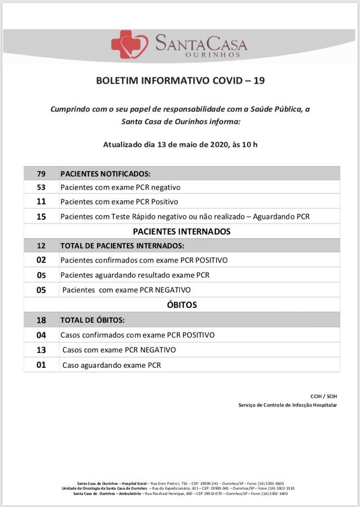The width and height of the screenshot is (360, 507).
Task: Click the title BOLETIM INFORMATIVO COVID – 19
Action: [180, 81]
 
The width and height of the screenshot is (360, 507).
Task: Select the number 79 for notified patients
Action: [41, 174]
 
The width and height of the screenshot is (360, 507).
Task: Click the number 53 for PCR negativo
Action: [41, 188]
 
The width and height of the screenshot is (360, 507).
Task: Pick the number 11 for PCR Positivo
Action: [41, 202]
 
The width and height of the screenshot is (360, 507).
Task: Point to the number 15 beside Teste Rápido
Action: [41, 216]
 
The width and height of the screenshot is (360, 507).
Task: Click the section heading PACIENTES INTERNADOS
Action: [182, 231]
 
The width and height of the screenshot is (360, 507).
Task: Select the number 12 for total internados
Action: [41, 246]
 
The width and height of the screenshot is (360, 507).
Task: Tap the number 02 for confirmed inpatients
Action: [41, 260]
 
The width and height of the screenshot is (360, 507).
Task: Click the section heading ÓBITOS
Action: [182, 305]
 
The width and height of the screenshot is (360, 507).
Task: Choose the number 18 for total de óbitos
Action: [41, 320]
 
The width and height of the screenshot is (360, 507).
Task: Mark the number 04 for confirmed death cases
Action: [41, 335]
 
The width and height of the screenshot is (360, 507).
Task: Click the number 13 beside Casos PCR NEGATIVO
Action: [41, 350]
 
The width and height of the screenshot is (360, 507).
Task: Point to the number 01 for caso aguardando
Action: [41, 365]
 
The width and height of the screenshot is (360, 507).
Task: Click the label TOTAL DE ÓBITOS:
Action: [93, 320]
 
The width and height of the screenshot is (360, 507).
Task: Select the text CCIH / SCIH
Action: [323, 396]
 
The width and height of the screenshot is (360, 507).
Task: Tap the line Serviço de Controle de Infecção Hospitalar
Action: [287, 405]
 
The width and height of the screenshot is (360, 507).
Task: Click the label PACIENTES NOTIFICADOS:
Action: [105, 174]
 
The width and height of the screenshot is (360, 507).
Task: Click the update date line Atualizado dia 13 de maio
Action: [180, 145]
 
